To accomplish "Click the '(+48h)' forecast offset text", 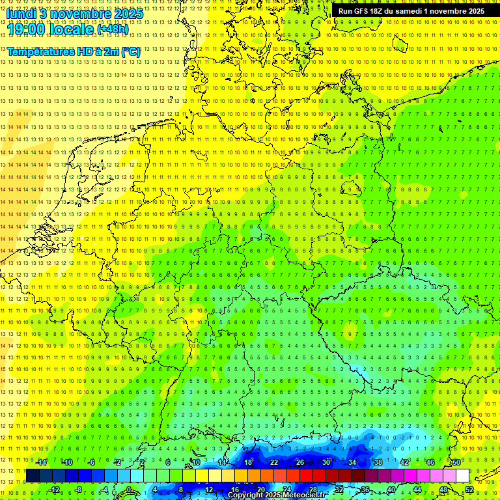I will [113, 29].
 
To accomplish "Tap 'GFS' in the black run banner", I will [360, 11].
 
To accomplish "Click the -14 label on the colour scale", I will [41, 462].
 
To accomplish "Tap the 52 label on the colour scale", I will [469, 490].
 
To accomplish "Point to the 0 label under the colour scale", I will [130, 490].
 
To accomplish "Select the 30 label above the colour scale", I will [326, 462].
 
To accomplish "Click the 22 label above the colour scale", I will [274, 462].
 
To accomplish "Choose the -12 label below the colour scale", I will [54, 490].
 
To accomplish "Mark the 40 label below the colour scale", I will [391, 490].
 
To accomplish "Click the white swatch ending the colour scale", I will [463, 476].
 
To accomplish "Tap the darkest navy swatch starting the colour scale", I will [33, 476].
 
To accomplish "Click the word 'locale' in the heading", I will [71, 29].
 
